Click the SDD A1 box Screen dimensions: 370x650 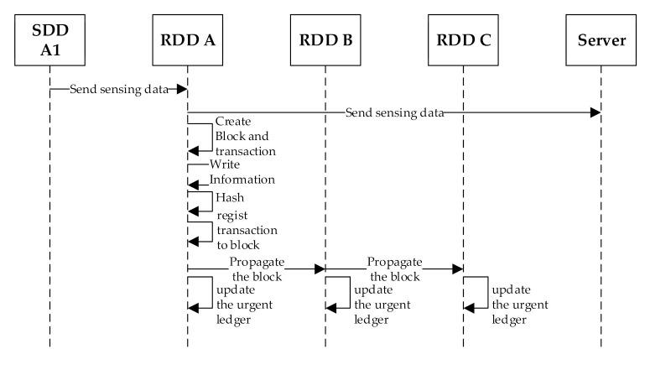(x=49, y=39)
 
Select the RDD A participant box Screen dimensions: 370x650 (x=187, y=39)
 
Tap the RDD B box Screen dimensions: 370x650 (x=325, y=39)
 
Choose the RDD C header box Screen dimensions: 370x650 (x=463, y=39)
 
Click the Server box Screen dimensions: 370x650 (x=601, y=39)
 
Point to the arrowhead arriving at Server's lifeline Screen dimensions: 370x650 (x=595, y=112)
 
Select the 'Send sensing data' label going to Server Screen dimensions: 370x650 (x=394, y=112)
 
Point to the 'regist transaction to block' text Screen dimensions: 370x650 (x=246, y=229)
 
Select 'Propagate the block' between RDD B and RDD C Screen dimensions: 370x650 (x=394, y=268)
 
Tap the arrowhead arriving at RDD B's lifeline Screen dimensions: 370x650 (x=319, y=268)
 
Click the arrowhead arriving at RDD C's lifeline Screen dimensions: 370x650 (x=457, y=268)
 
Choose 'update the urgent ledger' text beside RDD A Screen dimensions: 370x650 (x=243, y=303)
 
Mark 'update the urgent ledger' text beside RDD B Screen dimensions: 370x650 (x=382, y=303)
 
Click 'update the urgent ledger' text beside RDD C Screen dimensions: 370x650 (x=519, y=303)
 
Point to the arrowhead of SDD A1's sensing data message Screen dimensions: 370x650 (x=181, y=88)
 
